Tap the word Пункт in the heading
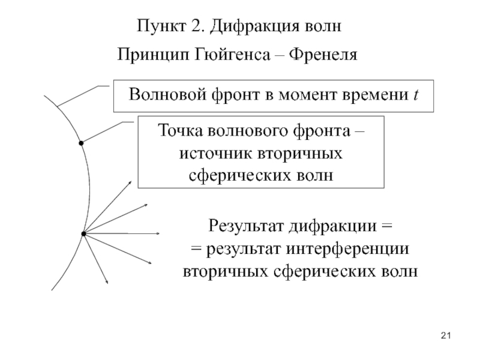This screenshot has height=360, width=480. click(x=161, y=25)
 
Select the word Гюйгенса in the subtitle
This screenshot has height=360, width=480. click(x=232, y=55)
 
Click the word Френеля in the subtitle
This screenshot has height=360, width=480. click(x=323, y=55)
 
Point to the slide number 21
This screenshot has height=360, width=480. click(x=446, y=336)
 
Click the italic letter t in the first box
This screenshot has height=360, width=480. click(x=416, y=95)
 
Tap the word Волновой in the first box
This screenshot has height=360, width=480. click(x=167, y=94)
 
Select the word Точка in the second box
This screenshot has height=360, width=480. click(x=181, y=131)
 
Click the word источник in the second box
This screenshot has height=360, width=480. click(x=216, y=154)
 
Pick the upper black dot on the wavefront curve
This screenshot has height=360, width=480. click(x=81, y=143)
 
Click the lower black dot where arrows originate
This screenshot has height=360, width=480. click(x=83, y=234)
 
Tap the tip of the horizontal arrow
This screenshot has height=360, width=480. click(x=160, y=234)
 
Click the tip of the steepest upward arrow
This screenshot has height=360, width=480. click(x=131, y=181)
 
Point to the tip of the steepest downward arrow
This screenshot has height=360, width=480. click(x=108, y=284)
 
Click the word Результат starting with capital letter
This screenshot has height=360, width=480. click(x=247, y=227)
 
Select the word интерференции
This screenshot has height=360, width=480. click(x=347, y=249)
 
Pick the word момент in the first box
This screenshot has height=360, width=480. click(x=307, y=95)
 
